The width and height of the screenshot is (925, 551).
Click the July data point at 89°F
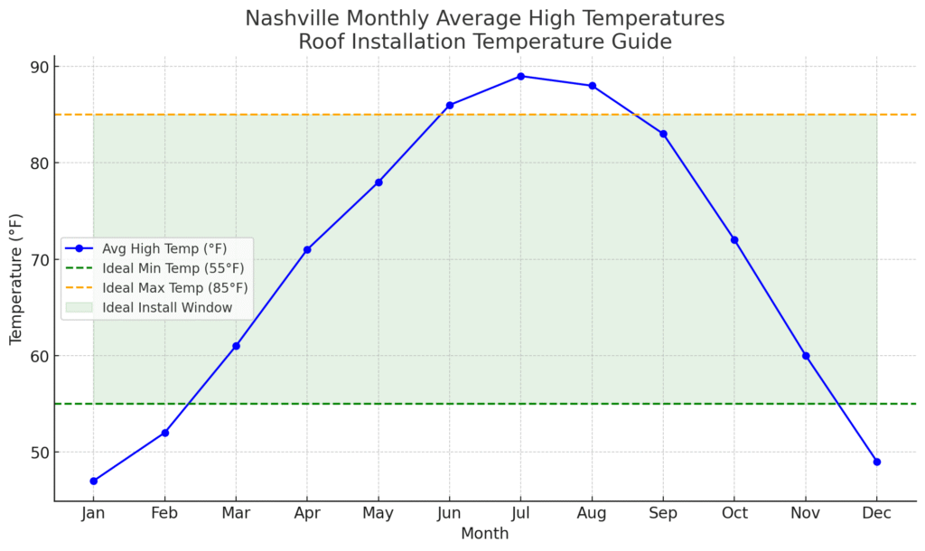[520, 76]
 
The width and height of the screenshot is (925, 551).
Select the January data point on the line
[93, 481]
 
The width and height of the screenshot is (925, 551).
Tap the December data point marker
[876, 462]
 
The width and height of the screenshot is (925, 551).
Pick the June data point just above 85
[449, 105]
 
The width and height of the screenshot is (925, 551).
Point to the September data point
[663, 134]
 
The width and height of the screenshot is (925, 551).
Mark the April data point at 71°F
[307, 249]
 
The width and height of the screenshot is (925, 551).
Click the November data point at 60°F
[806, 356]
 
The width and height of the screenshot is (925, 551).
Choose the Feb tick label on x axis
[164, 514]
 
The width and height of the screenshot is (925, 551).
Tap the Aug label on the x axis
[592, 514]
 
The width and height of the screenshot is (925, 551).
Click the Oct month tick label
[734, 514]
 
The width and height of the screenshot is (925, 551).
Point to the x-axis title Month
[484, 534]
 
